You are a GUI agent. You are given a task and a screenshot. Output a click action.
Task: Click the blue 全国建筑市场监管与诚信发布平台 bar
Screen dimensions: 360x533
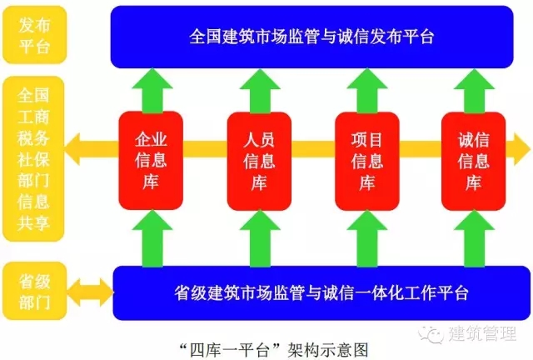[311, 37]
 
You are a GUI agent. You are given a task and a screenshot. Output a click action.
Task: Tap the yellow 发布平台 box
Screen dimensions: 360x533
[32, 35]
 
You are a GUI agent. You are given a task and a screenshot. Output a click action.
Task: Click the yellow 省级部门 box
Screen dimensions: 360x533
[32, 292]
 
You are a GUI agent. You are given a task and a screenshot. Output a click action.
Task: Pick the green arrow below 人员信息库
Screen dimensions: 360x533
[259, 237]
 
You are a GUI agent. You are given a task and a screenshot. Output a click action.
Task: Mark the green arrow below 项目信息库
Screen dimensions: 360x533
[366, 237]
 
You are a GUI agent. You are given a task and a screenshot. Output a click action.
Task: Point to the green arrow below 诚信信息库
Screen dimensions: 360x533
[474, 237]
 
